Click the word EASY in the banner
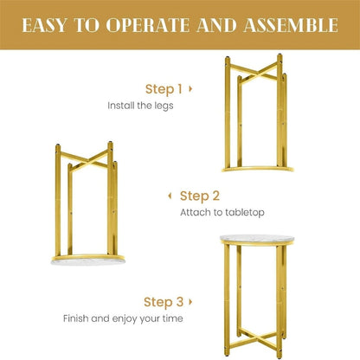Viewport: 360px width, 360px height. tap(44, 25)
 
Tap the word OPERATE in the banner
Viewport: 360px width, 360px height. tap(148, 25)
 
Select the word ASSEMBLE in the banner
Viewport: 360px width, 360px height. tap(291, 25)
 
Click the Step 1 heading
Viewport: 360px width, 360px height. tap(164, 89)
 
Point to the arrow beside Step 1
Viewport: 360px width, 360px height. tap(190, 88)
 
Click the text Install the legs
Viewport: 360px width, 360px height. tap(140, 106)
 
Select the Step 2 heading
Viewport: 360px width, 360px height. tap(200, 196)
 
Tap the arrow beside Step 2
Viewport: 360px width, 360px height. tap(170, 196)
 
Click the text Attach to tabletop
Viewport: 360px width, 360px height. tap(222, 213)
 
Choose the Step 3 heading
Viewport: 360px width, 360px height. tap(164, 302)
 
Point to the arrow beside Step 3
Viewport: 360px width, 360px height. tap(190, 302)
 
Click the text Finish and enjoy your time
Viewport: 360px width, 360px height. tap(123, 318)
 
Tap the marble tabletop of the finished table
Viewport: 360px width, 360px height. tap(257, 239)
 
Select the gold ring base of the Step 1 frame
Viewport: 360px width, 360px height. tap(258, 169)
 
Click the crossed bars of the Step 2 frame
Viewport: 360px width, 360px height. tap(86, 160)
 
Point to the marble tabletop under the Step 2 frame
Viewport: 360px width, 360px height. tap(88, 261)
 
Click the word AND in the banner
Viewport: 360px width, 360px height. tap(216, 25)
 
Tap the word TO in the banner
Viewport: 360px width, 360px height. tap(87, 25)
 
